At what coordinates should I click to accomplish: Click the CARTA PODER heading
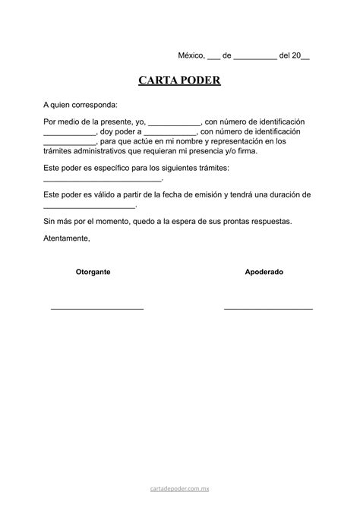179,80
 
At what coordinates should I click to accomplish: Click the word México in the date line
191,55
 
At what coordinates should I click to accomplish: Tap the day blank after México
213,58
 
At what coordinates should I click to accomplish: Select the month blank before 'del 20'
255,58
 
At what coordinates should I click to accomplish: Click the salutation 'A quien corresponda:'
81,104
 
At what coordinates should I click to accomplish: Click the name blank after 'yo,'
174,124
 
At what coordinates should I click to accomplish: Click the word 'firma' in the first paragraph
247,151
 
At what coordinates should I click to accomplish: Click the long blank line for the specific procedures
103,179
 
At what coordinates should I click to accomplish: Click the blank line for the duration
89,207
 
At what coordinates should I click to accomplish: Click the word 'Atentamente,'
67,238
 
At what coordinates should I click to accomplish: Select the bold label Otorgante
93,271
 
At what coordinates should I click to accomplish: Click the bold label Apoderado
264,271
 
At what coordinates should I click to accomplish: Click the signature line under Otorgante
97,308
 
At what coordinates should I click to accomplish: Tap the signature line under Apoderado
268,308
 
